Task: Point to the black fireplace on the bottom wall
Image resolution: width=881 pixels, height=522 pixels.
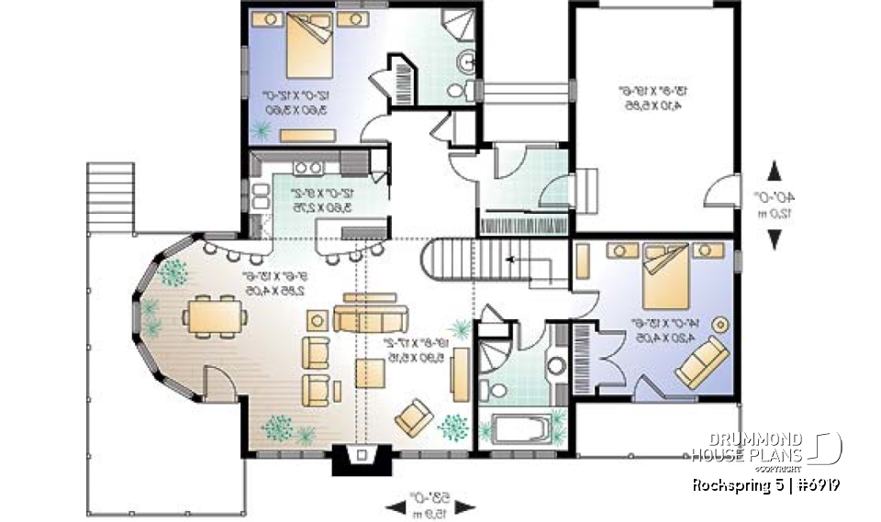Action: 364,458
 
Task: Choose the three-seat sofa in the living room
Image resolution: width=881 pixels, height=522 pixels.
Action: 367,317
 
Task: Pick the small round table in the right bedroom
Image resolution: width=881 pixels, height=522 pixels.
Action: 721,323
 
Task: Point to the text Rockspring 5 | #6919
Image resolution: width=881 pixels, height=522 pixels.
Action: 767,484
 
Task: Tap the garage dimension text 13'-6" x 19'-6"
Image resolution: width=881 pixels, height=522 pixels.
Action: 652,98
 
